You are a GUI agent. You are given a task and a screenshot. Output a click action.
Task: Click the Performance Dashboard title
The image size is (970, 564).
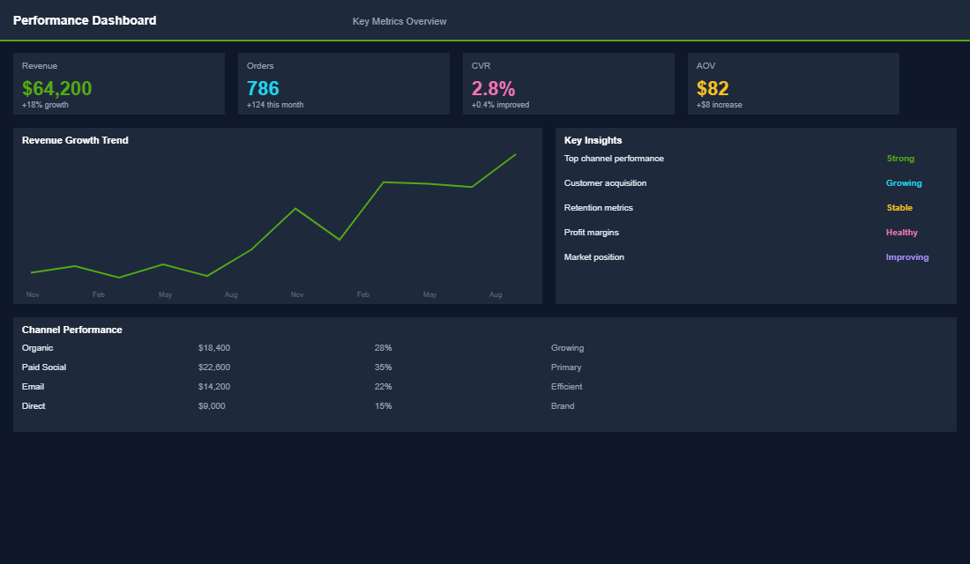[x=85, y=20]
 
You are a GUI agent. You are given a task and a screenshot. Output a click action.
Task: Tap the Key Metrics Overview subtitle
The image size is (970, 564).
[x=399, y=21]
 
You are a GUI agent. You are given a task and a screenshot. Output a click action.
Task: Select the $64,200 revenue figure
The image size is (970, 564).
[x=57, y=88]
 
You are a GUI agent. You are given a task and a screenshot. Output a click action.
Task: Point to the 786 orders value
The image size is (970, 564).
[x=263, y=88]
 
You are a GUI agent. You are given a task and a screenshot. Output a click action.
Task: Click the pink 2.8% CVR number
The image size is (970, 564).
[x=493, y=88]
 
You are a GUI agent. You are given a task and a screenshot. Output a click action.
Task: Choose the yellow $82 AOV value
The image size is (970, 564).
[x=713, y=88]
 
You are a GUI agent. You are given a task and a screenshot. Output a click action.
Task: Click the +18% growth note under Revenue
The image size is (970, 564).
[x=45, y=105]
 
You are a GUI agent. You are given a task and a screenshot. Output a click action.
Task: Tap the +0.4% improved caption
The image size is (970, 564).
[x=500, y=105]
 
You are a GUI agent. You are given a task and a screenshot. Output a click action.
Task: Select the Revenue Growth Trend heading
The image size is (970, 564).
[x=75, y=140]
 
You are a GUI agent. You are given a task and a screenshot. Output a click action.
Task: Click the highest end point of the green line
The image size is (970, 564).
[x=515, y=154]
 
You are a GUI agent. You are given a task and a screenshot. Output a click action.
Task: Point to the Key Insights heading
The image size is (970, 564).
[x=593, y=140]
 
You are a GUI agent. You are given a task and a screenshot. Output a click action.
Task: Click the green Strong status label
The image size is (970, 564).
[x=900, y=159]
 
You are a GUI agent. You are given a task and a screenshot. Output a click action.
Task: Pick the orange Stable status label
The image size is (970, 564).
[x=899, y=208]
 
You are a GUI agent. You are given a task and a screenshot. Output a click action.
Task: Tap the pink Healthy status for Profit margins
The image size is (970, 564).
[x=901, y=233]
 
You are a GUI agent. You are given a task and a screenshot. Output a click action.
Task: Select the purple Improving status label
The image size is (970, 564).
[x=907, y=257]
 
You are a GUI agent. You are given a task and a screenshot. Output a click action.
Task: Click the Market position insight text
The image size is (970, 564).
[x=593, y=257]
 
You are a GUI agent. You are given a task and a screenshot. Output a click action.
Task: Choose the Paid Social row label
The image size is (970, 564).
[x=44, y=367]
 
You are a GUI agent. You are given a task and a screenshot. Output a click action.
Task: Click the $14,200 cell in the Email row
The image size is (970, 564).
[x=214, y=387]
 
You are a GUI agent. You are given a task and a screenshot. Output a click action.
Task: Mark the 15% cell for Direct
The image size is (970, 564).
[x=383, y=406]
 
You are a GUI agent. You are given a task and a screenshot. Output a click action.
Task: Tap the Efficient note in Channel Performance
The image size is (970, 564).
[x=566, y=387]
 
